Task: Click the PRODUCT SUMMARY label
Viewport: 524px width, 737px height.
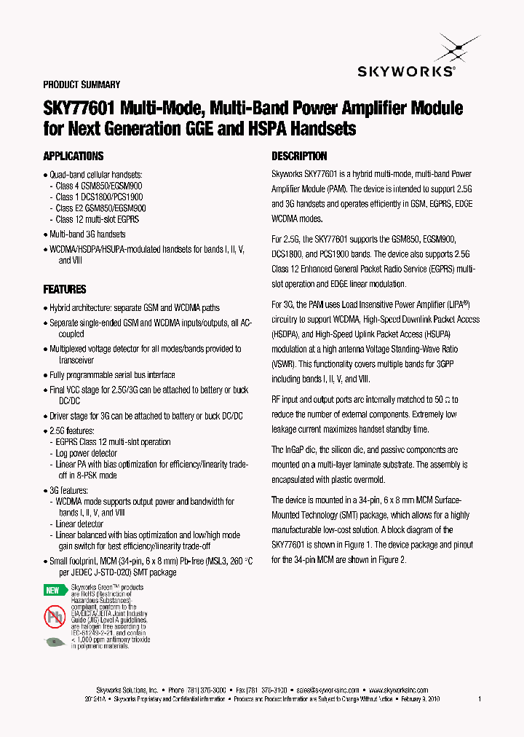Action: [82, 85]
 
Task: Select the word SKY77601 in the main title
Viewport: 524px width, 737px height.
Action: [79, 109]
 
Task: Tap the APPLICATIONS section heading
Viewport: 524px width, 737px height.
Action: [73, 156]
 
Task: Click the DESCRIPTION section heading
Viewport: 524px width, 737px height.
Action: [299, 156]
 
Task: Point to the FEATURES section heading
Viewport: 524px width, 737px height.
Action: [65, 289]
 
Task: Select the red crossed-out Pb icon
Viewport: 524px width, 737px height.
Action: [55, 616]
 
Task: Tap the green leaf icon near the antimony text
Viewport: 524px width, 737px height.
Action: [55, 642]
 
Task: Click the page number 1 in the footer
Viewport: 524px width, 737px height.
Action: [480, 698]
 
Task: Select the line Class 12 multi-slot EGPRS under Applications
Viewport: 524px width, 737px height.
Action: [97, 219]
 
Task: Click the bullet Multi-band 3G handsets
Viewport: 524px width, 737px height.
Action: [87, 234]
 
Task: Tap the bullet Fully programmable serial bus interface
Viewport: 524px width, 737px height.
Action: [112, 375]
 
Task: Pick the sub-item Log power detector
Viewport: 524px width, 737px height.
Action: [87, 453]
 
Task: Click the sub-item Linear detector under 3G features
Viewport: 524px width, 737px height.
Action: [79, 524]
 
